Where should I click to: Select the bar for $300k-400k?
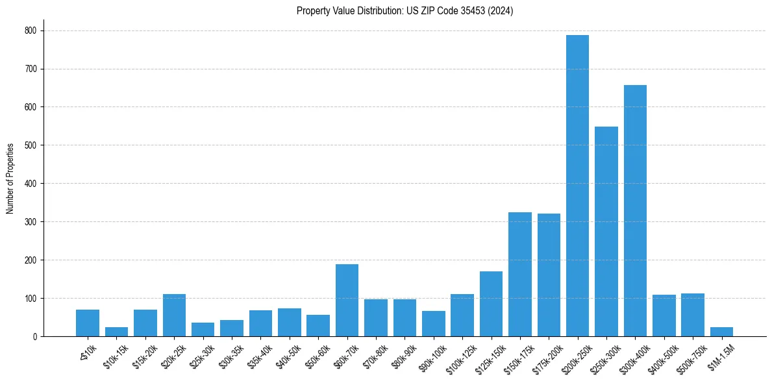[x=635, y=211]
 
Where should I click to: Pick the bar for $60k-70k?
[x=347, y=301]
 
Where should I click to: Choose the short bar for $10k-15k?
[x=116, y=332]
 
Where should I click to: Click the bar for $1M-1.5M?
[x=721, y=332]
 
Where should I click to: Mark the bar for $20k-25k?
[x=174, y=315]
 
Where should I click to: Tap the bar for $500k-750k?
[x=693, y=315]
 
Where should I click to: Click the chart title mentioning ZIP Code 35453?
[x=405, y=11]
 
